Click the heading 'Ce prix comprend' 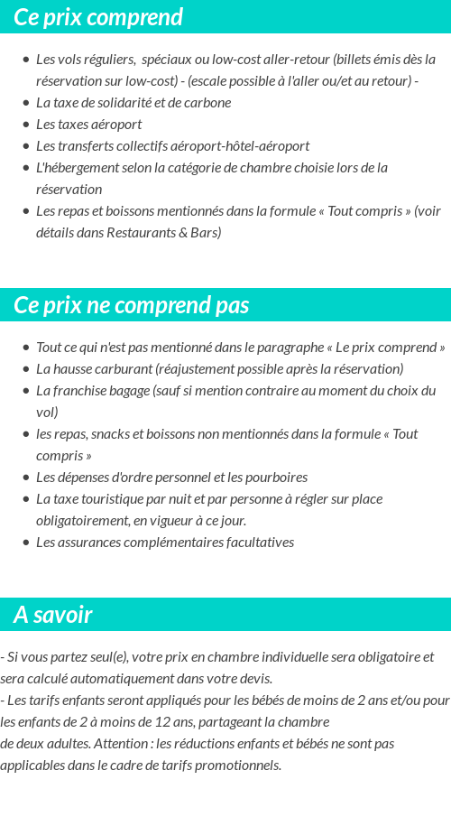[x=98, y=17]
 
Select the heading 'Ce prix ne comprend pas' [x=131, y=305]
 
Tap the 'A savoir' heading [x=52, y=615]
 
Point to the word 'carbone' [x=208, y=103]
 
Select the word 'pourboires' [x=276, y=478]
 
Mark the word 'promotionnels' [x=238, y=766]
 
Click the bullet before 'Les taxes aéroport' [x=25, y=125]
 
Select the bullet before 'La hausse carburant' [x=25, y=369]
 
